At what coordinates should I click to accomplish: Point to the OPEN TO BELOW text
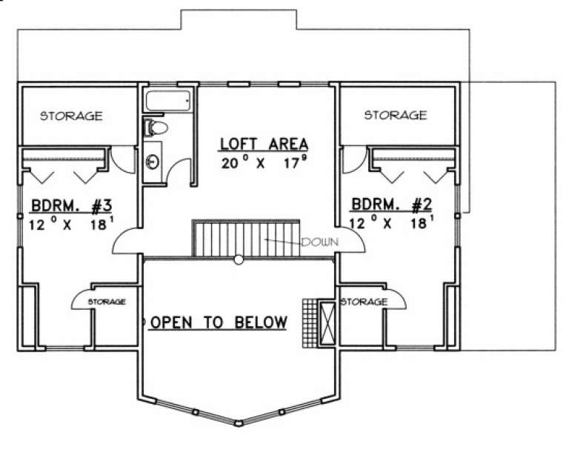click(x=218, y=322)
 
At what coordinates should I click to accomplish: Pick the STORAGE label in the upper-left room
click(x=70, y=116)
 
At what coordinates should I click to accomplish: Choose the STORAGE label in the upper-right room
click(x=396, y=115)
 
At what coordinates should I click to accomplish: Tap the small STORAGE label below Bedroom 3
click(x=107, y=302)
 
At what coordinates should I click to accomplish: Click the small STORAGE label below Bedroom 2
click(x=364, y=302)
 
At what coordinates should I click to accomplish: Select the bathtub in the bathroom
click(x=168, y=101)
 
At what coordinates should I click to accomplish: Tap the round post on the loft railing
click(x=239, y=259)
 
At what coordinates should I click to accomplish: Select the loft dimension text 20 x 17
click(x=264, y=162)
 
